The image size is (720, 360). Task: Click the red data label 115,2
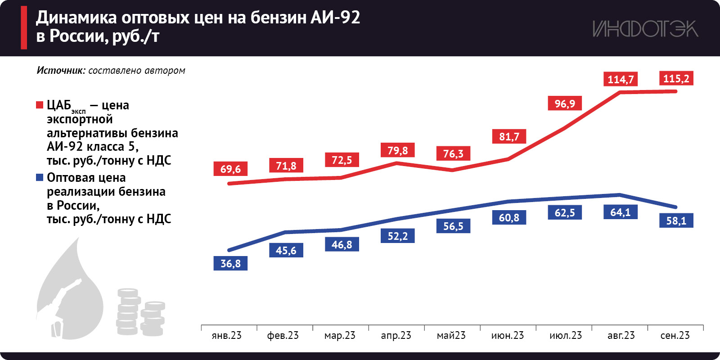tap(676, 78)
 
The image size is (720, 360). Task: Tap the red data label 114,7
tap(621, 79)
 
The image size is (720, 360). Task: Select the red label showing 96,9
tap(565, 103)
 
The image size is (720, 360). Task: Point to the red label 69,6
tap(230, 169)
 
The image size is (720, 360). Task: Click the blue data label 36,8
tap(230, 263)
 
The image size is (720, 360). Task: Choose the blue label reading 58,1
tap(676, 220)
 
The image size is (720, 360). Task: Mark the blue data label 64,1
tap(621, 212)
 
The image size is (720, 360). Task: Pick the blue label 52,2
tap(398, 236)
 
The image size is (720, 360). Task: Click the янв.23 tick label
tap(227, 335)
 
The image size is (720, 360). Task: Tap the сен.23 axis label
tap(675, 335)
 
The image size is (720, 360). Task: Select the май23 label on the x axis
tap(451, 335)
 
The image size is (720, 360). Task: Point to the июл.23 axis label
tap(566, 335)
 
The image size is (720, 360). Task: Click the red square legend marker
tap(40, 105)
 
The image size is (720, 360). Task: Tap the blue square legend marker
tap(40, 177)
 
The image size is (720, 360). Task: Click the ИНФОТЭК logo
tap(645, 29)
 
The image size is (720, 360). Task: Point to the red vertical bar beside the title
tap(24, 27)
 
